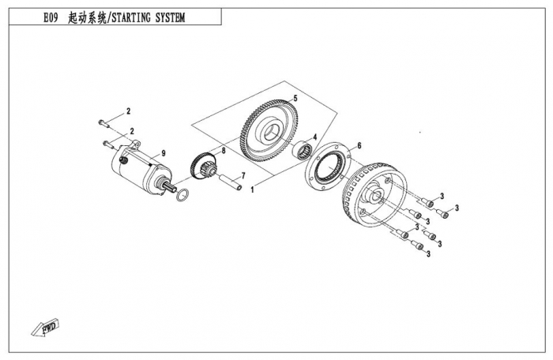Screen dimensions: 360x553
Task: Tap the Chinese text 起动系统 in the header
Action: point(97,18)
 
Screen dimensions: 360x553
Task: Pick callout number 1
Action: point(253,190)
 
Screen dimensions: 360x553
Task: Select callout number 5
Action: point(294,98)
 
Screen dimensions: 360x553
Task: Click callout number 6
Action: point(359,145)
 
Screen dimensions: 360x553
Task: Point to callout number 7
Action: point(243,174)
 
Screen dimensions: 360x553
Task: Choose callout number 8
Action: point(224,149)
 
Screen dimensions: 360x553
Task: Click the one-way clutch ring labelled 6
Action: point(325,169)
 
